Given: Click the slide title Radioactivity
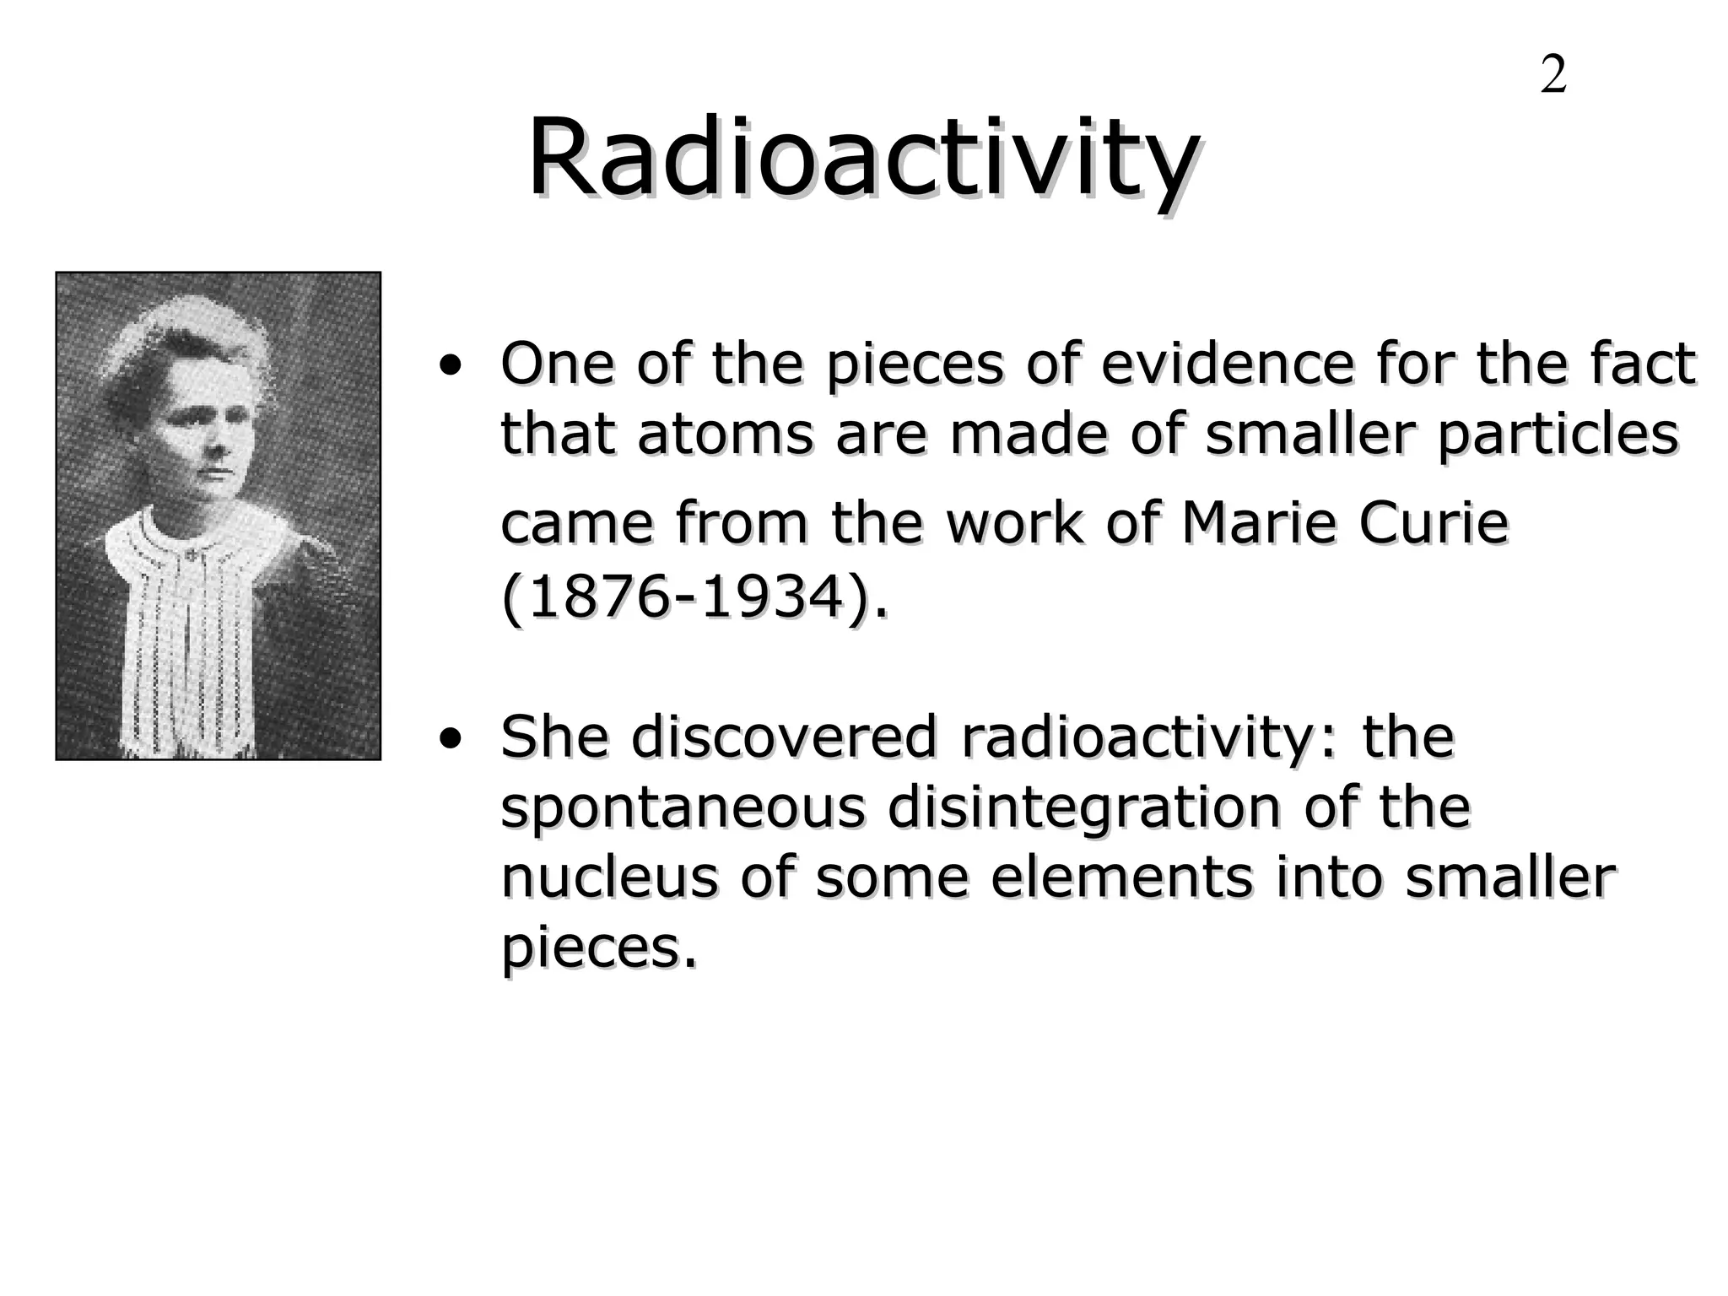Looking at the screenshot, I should (x=862, y=159).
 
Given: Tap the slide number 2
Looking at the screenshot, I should (x=1553, y=75).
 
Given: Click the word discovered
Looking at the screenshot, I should (x=784, y=737).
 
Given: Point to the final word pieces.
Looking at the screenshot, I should (x=599, y=950).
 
